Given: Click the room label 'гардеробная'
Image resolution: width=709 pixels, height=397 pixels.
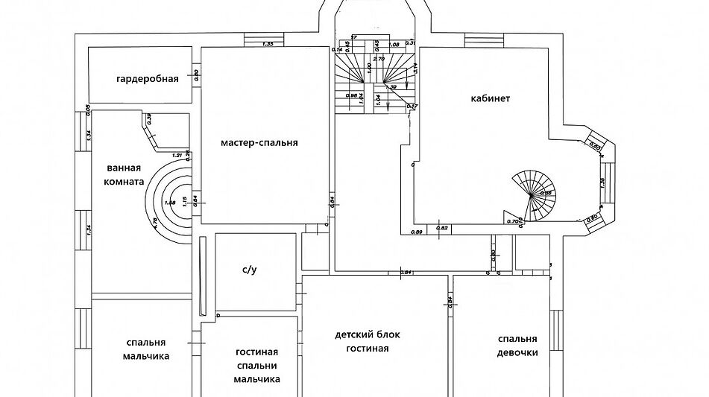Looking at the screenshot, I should (x=147, y=78).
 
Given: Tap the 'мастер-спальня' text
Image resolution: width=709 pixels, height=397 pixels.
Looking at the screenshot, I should (x=259, y=142).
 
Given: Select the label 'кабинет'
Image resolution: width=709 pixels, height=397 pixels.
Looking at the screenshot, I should (x=490, y=98).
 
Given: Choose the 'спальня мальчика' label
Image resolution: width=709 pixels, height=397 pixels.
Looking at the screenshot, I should (x=145, y=349).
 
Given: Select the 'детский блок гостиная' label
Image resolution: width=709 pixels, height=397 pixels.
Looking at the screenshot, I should (x=362, y=342).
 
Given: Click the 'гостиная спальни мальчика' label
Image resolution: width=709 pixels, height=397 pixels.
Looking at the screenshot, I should (x=256, y=365).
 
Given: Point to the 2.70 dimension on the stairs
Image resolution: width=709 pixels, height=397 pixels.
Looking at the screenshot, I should (x=378, y=58).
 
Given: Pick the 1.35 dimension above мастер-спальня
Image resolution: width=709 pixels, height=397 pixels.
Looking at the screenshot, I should (x=269, y=44).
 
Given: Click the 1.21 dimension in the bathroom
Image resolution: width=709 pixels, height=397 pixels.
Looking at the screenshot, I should (x=177, y=155).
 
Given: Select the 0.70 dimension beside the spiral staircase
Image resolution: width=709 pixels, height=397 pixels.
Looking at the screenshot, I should (x=512, y=220).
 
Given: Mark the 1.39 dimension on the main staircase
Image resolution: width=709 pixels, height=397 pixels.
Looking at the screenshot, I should (x=391, y=86).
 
